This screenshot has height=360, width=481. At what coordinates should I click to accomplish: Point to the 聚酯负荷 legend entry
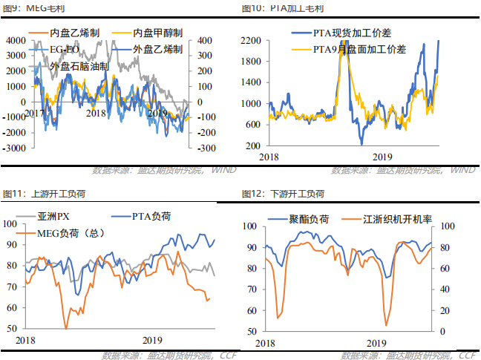pyautogui.click(x=310, y=220)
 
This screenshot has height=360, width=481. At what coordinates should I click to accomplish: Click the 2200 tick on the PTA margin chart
pyautogui.click(x=251, y=41)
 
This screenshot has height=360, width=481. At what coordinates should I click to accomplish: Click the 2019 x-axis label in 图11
pyautogui.click(x=153, y=339)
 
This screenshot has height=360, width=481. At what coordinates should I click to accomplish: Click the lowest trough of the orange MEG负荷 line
pyautogui.click(x=66, y=328)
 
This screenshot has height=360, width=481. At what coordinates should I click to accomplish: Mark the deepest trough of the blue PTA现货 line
pyautogui.click(x=361, y=144)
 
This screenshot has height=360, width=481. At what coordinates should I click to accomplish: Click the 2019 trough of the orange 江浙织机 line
pyautogui.click(x=386, y=324)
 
